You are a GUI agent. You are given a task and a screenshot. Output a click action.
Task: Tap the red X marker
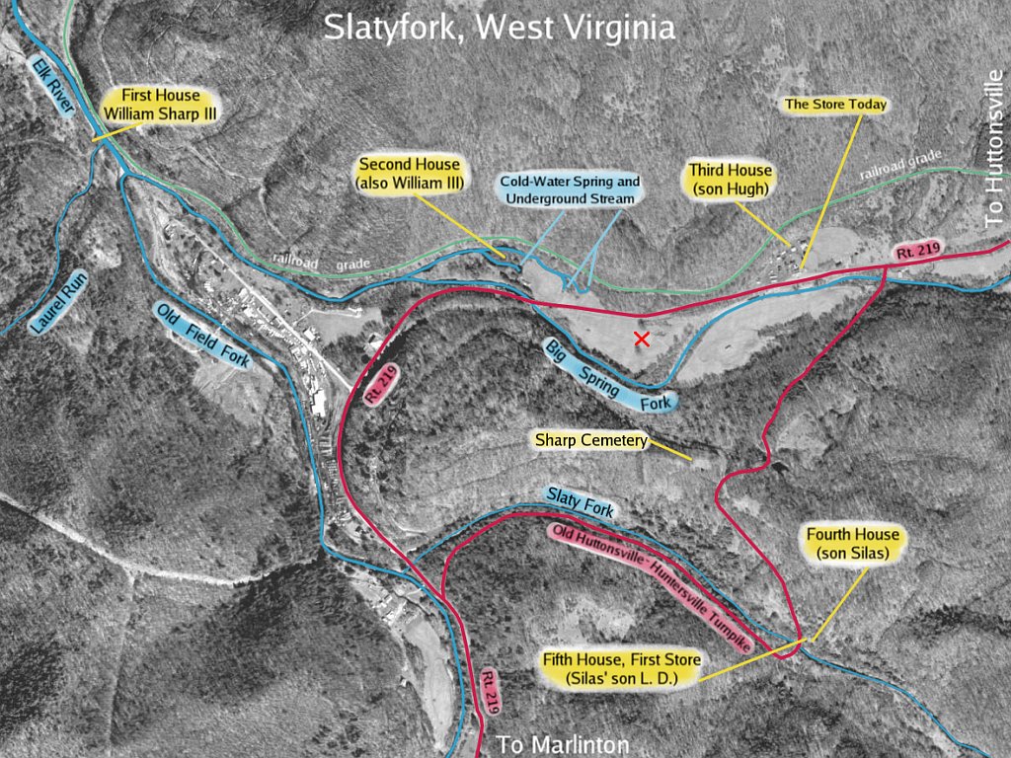pos(642,340)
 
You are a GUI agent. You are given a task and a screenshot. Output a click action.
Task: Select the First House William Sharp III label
pos(160,105)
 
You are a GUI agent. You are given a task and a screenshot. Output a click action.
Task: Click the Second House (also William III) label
pos(409,174)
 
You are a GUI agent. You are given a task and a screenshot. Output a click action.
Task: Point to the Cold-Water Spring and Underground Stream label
pos(570,190)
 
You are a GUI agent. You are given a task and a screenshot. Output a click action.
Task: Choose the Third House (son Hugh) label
pos(731,179)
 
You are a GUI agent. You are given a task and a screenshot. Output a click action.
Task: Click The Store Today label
pos(835,104)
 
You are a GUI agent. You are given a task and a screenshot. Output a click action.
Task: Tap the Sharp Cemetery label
pos(590,439)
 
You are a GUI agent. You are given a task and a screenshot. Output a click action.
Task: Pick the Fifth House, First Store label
pos(621,668)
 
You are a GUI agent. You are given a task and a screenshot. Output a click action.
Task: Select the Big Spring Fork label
pos(609,375)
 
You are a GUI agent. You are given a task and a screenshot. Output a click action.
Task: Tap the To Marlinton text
pos(562,744)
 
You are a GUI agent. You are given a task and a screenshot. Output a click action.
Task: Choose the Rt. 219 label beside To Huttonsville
pos(914,252)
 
